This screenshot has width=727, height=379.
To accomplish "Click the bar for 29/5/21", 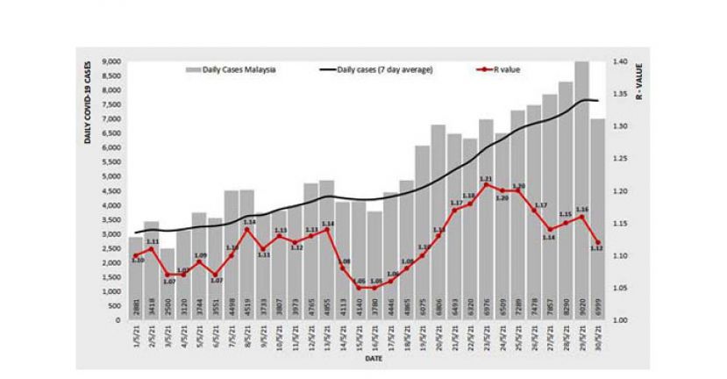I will point(581,193).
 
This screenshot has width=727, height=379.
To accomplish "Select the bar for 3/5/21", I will point(167,272).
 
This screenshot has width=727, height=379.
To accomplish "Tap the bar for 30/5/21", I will point(597,219).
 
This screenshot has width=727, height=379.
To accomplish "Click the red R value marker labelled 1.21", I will point(486,185).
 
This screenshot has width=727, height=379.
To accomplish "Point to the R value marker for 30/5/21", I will point(597,243).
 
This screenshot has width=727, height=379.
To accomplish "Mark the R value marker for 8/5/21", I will point(247,230).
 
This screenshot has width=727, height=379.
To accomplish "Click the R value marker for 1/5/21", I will point(136,255).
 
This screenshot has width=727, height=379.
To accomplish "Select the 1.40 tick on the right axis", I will point(621,61).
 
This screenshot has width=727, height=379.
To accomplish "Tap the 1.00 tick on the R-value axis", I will point(621,320).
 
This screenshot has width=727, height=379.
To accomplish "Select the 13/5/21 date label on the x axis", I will point(327,338).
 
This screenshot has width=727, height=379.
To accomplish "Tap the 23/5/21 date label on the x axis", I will point(486,338).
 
